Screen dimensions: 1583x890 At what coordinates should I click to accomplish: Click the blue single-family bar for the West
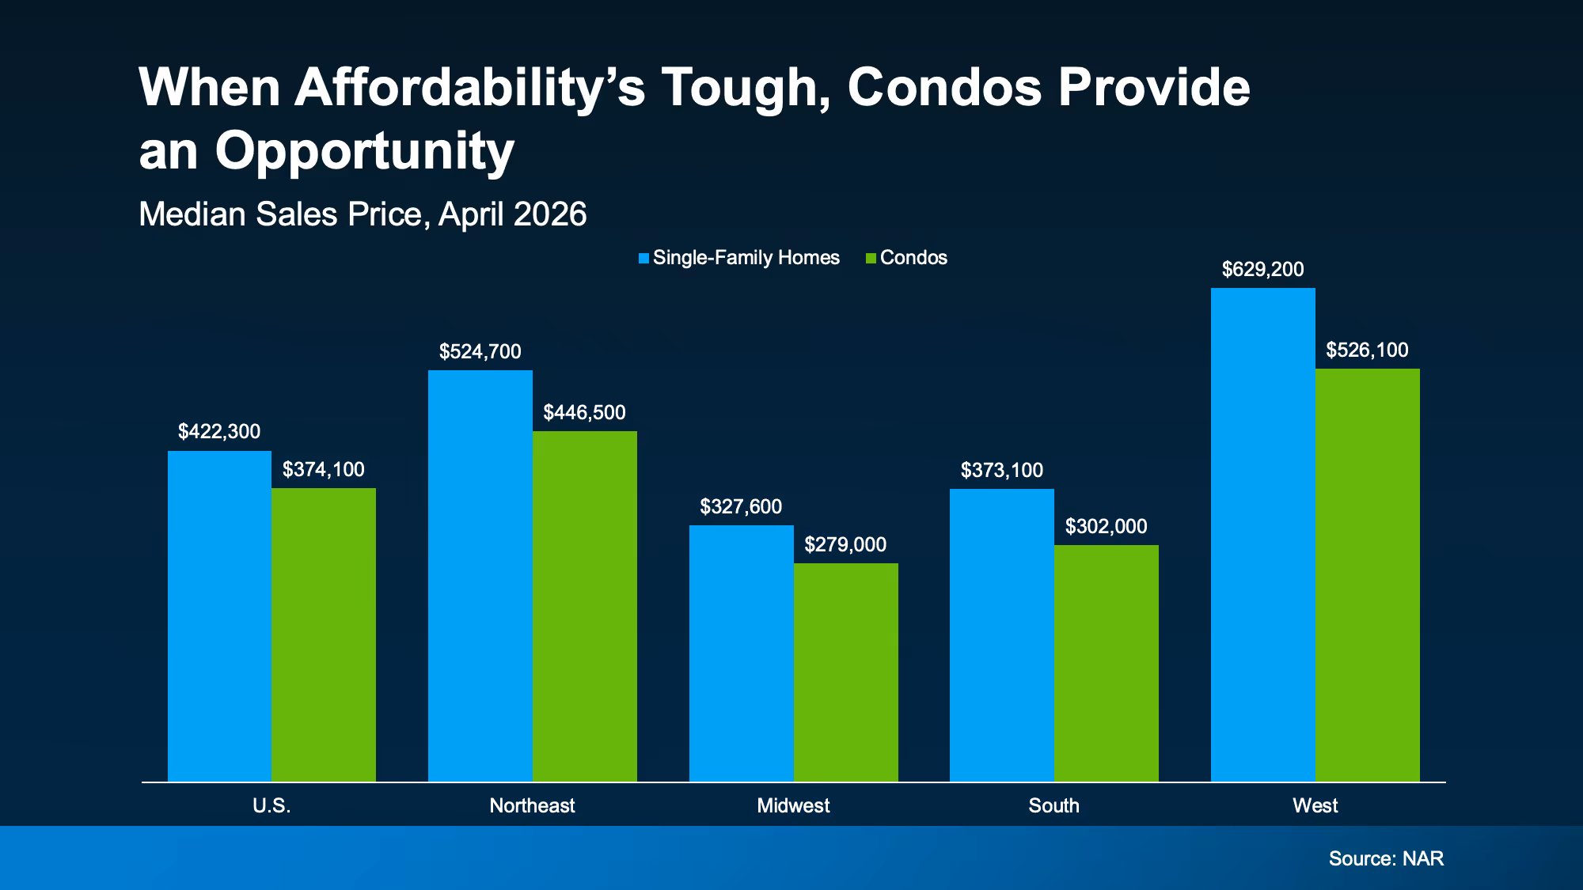(x=1262, y=535)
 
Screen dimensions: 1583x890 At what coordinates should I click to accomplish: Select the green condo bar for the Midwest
(x=845, y=672)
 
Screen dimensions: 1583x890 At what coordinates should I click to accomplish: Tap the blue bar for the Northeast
(x=480, y=576)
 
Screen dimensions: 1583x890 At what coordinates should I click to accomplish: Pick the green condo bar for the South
(x=1107, y=663)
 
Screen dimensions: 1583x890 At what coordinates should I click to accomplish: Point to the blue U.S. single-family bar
(x=219, y=616)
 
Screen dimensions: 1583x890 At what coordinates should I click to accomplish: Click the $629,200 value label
(x=1262, y=270)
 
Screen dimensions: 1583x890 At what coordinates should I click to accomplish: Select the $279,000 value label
(x=845, y=545)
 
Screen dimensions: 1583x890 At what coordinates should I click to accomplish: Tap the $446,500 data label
(x=584, y=413)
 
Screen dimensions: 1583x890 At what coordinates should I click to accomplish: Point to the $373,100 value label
(x=1002, y=471)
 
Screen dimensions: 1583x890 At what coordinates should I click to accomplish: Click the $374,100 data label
(x=323, y=470)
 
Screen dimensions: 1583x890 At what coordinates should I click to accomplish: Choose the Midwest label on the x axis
(x=793, y=806)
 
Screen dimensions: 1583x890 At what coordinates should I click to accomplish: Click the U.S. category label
(x=271, y=806)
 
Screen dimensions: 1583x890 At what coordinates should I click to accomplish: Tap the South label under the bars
(x=1053, y=806)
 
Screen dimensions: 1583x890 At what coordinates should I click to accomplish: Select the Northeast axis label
(x=532, y=806)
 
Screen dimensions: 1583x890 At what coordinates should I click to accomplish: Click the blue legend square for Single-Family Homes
(x=644, y=258)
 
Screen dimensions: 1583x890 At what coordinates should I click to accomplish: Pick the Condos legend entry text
(x=913, y=258)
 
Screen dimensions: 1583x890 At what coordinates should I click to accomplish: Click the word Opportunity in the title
(x=365, y=152)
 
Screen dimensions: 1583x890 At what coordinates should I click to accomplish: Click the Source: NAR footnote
(x=1386, y=859)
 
